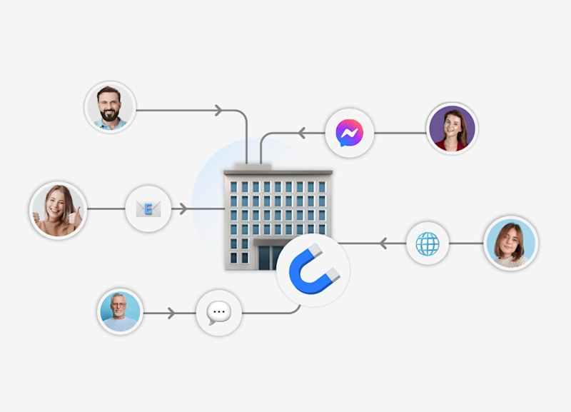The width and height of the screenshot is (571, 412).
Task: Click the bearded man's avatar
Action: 110,106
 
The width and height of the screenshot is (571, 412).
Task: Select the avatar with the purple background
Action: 451,129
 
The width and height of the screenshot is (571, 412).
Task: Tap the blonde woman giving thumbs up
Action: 58,210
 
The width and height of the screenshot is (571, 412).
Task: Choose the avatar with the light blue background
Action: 510,243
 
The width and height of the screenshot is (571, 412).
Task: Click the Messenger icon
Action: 350,133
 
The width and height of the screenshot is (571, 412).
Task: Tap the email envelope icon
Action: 148,209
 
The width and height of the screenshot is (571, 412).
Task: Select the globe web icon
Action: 428,243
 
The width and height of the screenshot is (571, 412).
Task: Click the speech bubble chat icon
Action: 218,313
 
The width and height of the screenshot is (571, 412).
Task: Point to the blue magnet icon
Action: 313,271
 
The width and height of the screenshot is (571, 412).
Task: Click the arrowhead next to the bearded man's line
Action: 219,111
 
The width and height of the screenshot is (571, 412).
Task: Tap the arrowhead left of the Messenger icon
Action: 301,133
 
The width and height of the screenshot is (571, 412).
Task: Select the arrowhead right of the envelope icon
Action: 183,209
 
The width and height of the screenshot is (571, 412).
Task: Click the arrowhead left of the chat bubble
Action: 171,313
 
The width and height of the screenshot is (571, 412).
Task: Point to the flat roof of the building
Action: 278,172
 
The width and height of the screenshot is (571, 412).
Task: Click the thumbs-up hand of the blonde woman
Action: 74,214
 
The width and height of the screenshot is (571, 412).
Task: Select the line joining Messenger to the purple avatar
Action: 400,133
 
